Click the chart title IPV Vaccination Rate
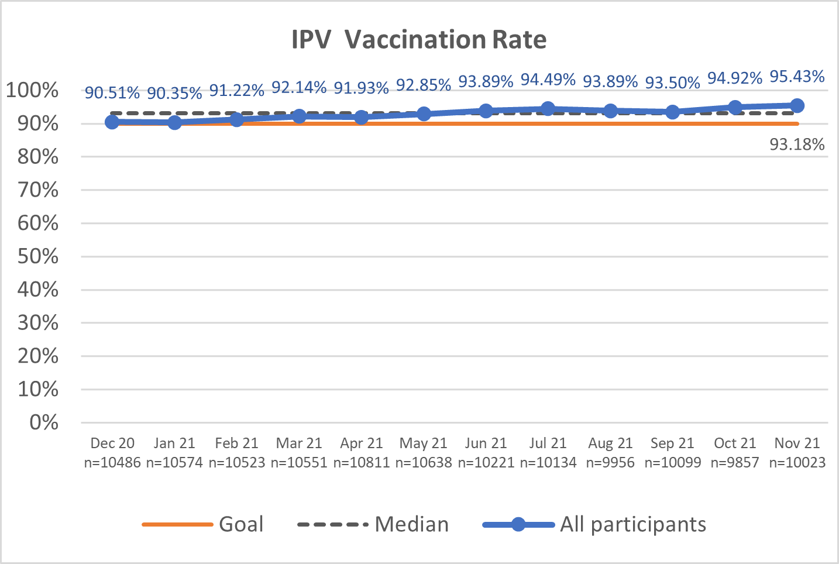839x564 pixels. tap(419, 40)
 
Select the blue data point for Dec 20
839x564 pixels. tap(112, 122)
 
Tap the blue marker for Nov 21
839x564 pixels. tap(797, 105)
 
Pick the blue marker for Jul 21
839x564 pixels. tap(548, 108)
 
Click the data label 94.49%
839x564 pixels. tap(548, 79)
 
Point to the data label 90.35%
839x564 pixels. tap(174, 93)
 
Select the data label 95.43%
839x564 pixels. tap(797, 77)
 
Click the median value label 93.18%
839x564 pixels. tap(797, 145)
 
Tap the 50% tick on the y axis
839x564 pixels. tap(38, 256)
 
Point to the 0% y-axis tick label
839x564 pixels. tap(44, 422)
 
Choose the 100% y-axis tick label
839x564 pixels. tap(33, 91)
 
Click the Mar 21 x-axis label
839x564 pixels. tap(299, 443)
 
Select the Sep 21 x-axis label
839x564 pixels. tap(672, 443)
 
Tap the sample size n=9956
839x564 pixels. tap(610, 463)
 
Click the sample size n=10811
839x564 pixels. tap(362, 463)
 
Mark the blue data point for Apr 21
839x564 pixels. tap(362, 117)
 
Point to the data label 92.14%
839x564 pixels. tap(299, 87)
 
